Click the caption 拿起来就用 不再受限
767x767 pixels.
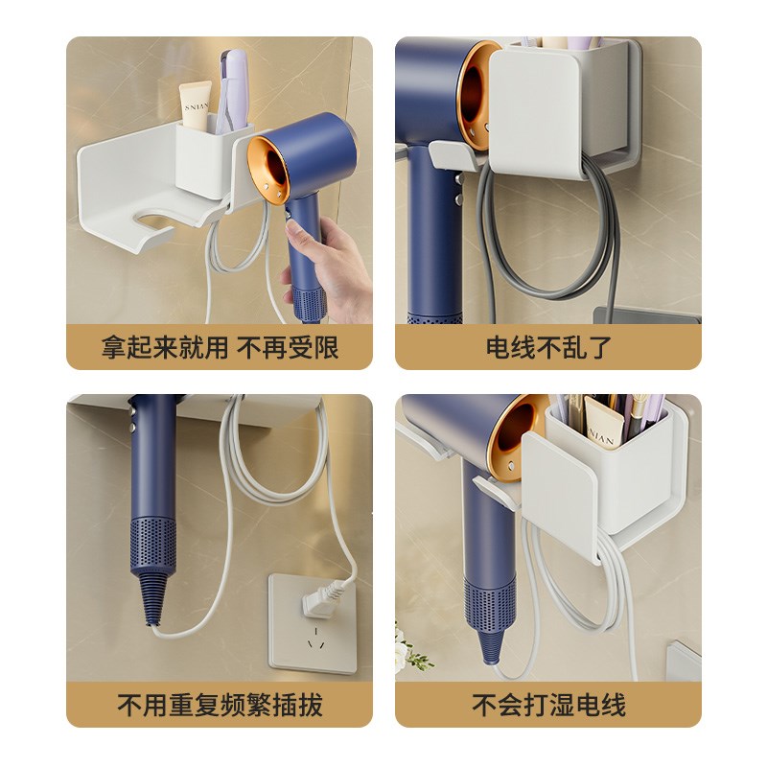click(x=220, y=347)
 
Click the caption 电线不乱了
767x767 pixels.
click(x=548, y=347)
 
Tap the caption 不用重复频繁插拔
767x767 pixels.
click(x=220, y=707)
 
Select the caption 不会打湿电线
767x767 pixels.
click(x=548, y=707)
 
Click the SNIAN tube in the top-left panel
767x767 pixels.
click(x=197, y=105)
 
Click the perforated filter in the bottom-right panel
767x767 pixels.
click(x=490, y=604)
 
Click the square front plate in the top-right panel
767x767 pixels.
click(x=535, y=110)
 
